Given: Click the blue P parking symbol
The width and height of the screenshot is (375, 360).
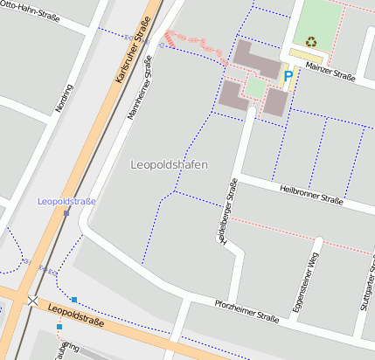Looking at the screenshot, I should pos(287,77).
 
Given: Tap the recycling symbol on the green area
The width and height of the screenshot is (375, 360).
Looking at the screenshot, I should pos(311,40).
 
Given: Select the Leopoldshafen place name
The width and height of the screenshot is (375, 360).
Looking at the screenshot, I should pos(169,164).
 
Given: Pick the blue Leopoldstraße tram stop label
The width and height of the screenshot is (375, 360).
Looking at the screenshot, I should pos(66,201).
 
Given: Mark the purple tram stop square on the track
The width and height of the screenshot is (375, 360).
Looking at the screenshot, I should pos(66,212).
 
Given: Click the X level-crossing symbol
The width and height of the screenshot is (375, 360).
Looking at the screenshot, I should pos(32,301).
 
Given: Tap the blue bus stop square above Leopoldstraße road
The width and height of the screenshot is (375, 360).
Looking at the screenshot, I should pos(74,300).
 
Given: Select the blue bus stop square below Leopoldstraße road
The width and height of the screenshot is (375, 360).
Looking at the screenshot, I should pos(59,327).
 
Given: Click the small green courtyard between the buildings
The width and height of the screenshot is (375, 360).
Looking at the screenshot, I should pos(253,87).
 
